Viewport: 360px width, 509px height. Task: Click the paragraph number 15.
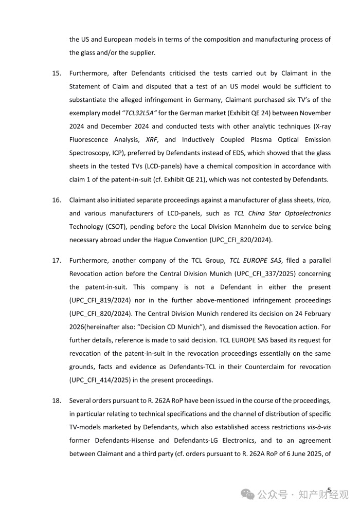pyautogui.click(x=57, y=73)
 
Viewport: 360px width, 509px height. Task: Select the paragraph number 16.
pyautogui.click(x=57, y=199)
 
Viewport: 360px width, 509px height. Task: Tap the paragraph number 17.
pyautogui.click(x=57, y=260)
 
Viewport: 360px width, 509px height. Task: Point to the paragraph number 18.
pyautogui.click(x=57, y=400)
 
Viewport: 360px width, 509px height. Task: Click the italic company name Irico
pyautogui.click(x=323, y=199)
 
